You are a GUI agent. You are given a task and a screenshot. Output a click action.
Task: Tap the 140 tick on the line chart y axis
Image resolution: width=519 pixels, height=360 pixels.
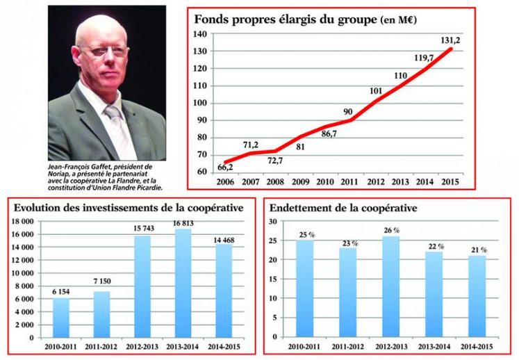(202, 34)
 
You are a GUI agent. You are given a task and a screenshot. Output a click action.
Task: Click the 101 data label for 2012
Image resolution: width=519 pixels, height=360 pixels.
(376, 90)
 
